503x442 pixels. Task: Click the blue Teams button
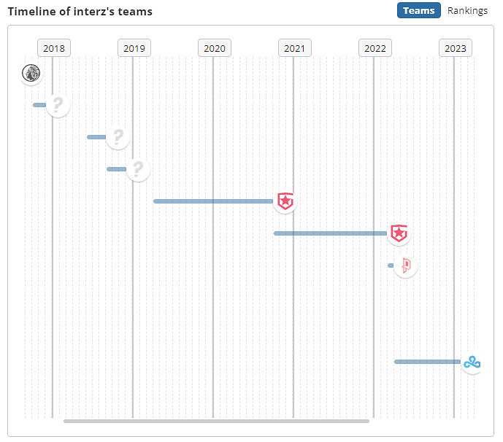(419, 10)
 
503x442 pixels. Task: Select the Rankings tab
(467, 10)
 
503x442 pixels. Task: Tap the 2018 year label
(54, 48)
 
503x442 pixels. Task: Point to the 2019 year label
(134, 48)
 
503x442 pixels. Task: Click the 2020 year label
(215, 48)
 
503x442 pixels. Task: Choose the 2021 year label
(295, 48)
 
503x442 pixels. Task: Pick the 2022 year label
(375, 48)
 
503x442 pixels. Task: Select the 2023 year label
(456, 48)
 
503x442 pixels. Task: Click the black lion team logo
(31, 73)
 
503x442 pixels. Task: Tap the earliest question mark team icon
(58, 105)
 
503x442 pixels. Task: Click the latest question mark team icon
(138, 169)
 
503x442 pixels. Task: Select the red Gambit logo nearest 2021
(285, 201)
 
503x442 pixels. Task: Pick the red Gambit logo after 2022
(399, 233)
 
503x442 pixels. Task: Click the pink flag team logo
(405, 265)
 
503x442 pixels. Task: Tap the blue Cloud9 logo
(472, 362)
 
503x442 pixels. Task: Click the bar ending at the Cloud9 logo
(427, 362)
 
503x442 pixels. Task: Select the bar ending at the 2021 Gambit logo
(213, 201)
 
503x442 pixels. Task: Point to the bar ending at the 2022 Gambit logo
(330, 233)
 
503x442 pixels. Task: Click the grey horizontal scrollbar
(216, 421)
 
